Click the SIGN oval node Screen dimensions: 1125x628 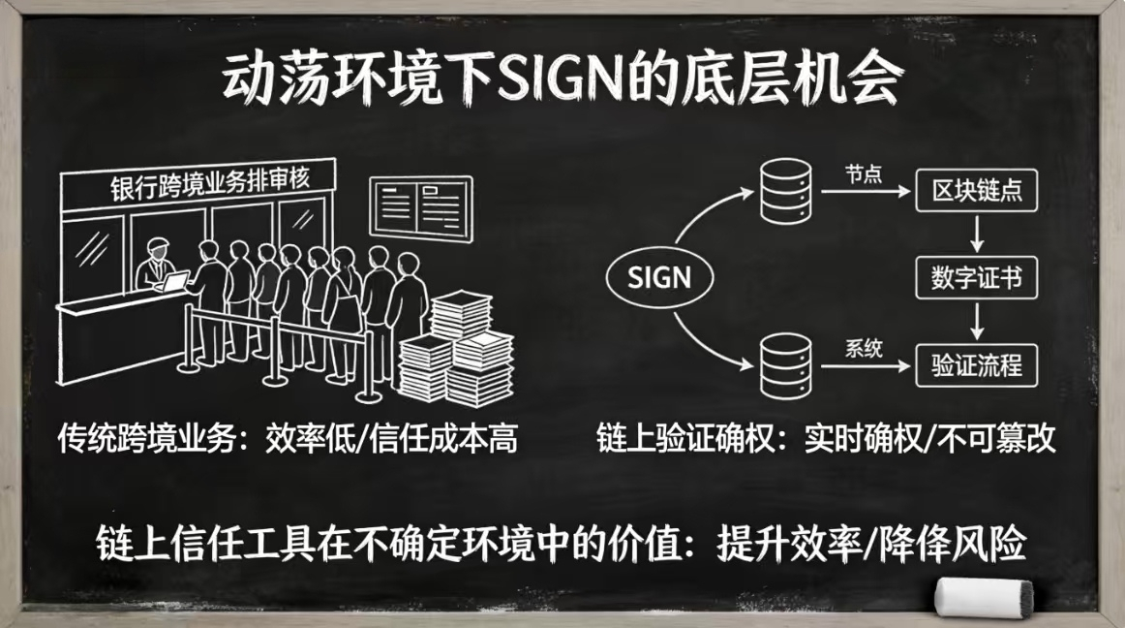(x=659, y=279)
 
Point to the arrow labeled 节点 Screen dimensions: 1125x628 (x=862, y=192)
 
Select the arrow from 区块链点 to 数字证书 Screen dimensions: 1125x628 (x=978, y=235)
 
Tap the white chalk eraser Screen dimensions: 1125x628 (x=984, y=596)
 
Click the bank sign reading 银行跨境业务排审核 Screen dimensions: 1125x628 (x=207, y=183)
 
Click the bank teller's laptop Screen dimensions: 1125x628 (x=175, y=282)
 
